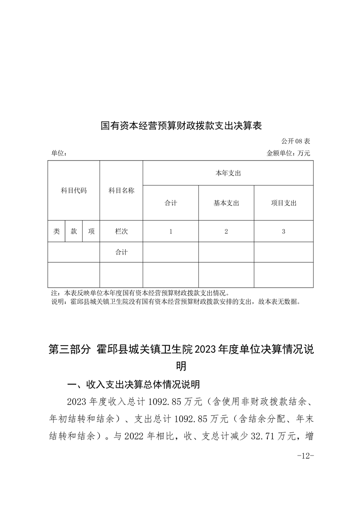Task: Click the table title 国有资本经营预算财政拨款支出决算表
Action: pos(181,126)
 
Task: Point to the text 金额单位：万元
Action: pos(288,153)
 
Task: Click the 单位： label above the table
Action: pos(59,153)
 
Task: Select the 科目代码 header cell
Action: pos(74,191)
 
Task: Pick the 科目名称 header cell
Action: pos(121,191)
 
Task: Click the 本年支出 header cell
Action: pos(228,173)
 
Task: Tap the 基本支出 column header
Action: pos(226,203)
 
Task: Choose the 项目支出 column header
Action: pos(283,203)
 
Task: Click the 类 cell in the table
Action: pos(57,231)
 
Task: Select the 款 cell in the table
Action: pos(74,231)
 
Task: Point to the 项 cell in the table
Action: pos(91,231)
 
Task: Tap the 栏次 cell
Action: pos(121,231)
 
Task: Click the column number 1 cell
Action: pos(171,231)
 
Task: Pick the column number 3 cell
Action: pos(283,231)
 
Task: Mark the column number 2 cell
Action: pos(226,231)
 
